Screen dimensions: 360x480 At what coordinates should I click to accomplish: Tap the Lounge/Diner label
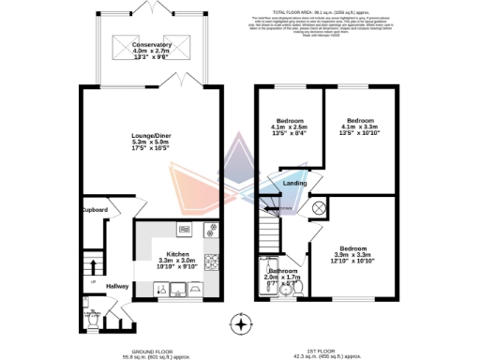click(151, 136)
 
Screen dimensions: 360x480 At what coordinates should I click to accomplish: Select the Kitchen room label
click(178, 253)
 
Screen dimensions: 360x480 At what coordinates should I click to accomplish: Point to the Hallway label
click(117, 286)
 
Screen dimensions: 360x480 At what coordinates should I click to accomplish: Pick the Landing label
click(294, 183)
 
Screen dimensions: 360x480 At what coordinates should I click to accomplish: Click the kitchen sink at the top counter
click(185, 229)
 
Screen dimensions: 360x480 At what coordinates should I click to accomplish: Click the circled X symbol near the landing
click(318, 208)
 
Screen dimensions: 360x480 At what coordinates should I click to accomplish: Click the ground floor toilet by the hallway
click(93, 315)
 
